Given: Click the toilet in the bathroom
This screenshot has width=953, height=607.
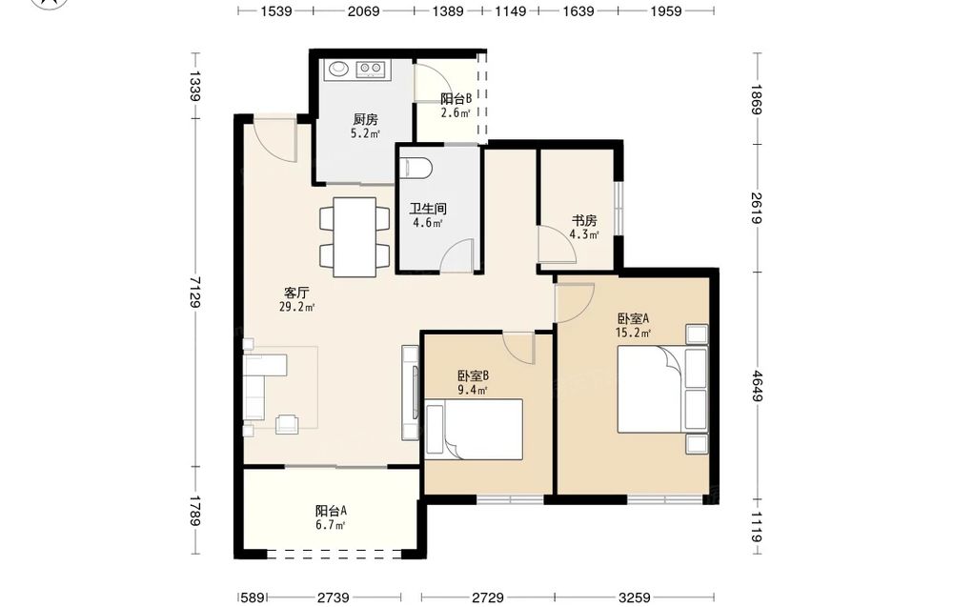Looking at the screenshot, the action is click(x=416, y=168).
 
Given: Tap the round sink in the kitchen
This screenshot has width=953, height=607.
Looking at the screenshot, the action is click(x=338, y=69).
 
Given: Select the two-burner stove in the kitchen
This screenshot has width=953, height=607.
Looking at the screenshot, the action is click(x=371, y=69).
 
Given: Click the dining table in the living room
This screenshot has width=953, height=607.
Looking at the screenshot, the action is click(x=355, y=237).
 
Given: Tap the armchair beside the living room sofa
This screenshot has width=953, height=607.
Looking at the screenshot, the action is click(x=287, y=423).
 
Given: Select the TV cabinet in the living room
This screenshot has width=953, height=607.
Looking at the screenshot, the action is click(x=410, y=393).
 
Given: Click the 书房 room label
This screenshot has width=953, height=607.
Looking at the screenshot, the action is click(x=584, y=220).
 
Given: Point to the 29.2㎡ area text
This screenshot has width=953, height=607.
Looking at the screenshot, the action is click(x=296, y=308).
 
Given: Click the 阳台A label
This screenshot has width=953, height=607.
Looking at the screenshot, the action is click(x=331, y=511).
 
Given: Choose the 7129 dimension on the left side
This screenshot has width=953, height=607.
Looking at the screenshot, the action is click(x=194, y=293).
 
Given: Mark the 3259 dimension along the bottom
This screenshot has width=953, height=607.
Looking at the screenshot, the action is click(x=634, y=597).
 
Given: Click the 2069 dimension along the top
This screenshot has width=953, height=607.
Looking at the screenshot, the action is click(x=363, y=10).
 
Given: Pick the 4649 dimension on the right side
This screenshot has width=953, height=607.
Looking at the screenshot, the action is click(x=757, y=386).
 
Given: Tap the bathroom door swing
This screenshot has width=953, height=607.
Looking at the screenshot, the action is click(x=457, y=255).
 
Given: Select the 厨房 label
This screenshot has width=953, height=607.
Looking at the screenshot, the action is click(x=365, y=120).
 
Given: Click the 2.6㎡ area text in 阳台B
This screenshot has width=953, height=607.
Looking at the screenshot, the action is click(x=456, y=112).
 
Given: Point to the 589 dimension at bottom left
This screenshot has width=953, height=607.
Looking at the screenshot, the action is click(x=253, y=597).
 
